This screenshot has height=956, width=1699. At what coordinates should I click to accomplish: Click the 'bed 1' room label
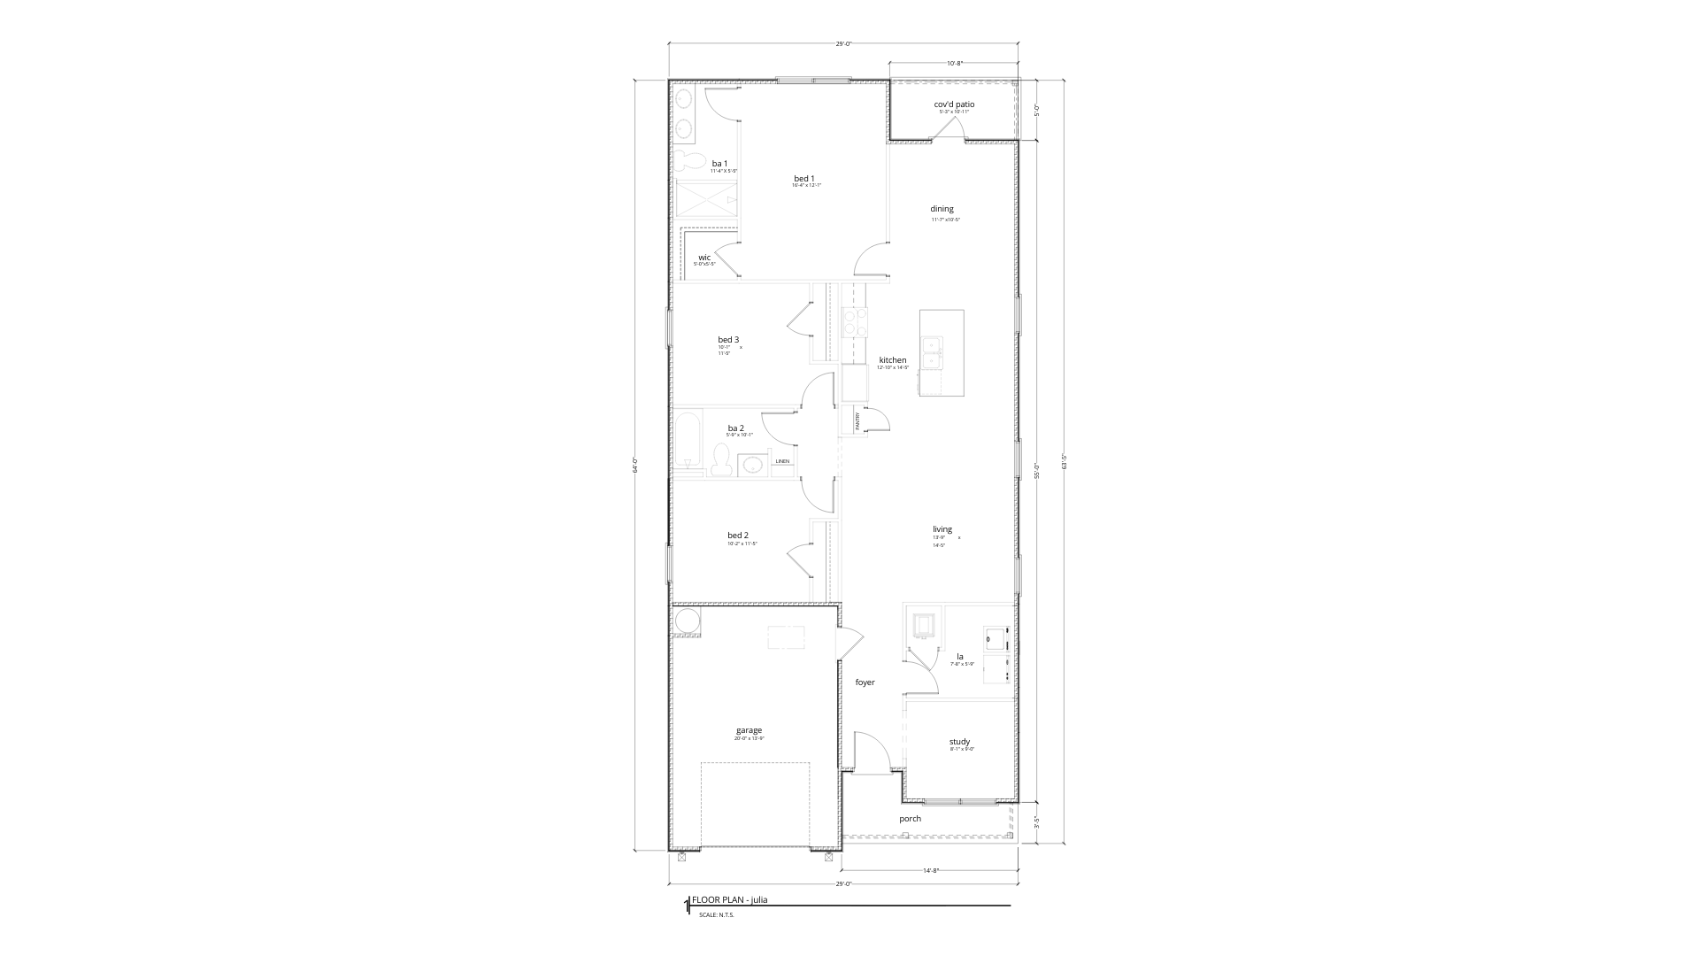tap(803, 179)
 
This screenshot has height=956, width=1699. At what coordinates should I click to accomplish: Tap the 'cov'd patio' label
tap(954, 104)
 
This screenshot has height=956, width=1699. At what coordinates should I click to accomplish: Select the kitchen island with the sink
tap(942, 352)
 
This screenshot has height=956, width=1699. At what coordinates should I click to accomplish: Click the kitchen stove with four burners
tap(855, 322)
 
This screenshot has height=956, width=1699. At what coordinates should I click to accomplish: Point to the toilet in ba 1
tap(687, 162)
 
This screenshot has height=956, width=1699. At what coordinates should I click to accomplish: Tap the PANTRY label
tap(857, 420)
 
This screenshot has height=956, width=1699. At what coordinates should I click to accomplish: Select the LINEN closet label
tap(782, 461)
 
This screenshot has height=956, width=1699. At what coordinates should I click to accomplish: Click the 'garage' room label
tap(749, 730)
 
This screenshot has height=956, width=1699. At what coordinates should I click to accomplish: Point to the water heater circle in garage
tap(686, 622)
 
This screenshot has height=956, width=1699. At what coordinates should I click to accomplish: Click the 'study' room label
tap(959, 742)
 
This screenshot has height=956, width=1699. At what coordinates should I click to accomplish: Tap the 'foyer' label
tap(865, 682)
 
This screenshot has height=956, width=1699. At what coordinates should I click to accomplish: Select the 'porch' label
tap(910, 819)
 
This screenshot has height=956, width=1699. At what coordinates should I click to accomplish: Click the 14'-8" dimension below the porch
tap(930, 871)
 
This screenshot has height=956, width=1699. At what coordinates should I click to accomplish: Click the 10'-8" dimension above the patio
tap(954, 64)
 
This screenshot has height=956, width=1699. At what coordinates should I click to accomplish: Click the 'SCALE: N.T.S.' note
tap(717, 915)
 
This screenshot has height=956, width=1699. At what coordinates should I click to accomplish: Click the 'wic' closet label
tap(704, 258)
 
